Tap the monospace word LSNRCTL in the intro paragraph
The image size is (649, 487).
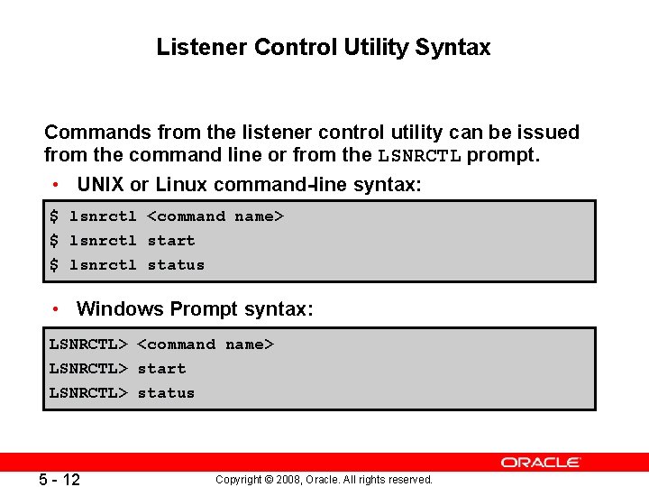(419, 156)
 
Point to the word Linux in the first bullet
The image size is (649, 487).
(181, 185)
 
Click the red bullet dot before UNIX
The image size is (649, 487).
(56, 186)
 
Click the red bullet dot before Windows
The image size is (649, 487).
(56, 309)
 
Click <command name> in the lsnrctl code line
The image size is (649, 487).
(215, 216)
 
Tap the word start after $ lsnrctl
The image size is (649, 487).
(171, 241)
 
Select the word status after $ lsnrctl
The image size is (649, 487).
(176, 265)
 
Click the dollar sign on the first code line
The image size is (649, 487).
(54, 216)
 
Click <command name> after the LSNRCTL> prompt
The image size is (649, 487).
(206, 345)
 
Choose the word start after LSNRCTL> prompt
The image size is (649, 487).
(161, 369)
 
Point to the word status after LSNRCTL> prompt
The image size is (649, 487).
(166, 393)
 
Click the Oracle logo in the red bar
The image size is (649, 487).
(541, 462)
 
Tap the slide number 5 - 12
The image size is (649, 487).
(59, 480)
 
